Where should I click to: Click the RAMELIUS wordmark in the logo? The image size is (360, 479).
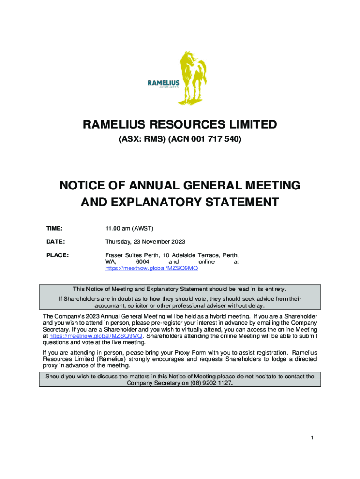coord(164,83)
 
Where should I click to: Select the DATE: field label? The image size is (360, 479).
coord(55,242)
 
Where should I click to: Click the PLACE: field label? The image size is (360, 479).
coord(57,255)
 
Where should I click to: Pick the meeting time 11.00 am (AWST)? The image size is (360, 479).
coord(129,228)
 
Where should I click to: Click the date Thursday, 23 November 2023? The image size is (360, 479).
coord(145,242)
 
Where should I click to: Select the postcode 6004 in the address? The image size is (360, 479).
coord(143,262)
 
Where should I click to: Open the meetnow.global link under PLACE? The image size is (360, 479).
coord(148,269)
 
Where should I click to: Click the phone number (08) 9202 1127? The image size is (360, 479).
coord(209,383)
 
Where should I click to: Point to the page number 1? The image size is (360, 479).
coord(312,438)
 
